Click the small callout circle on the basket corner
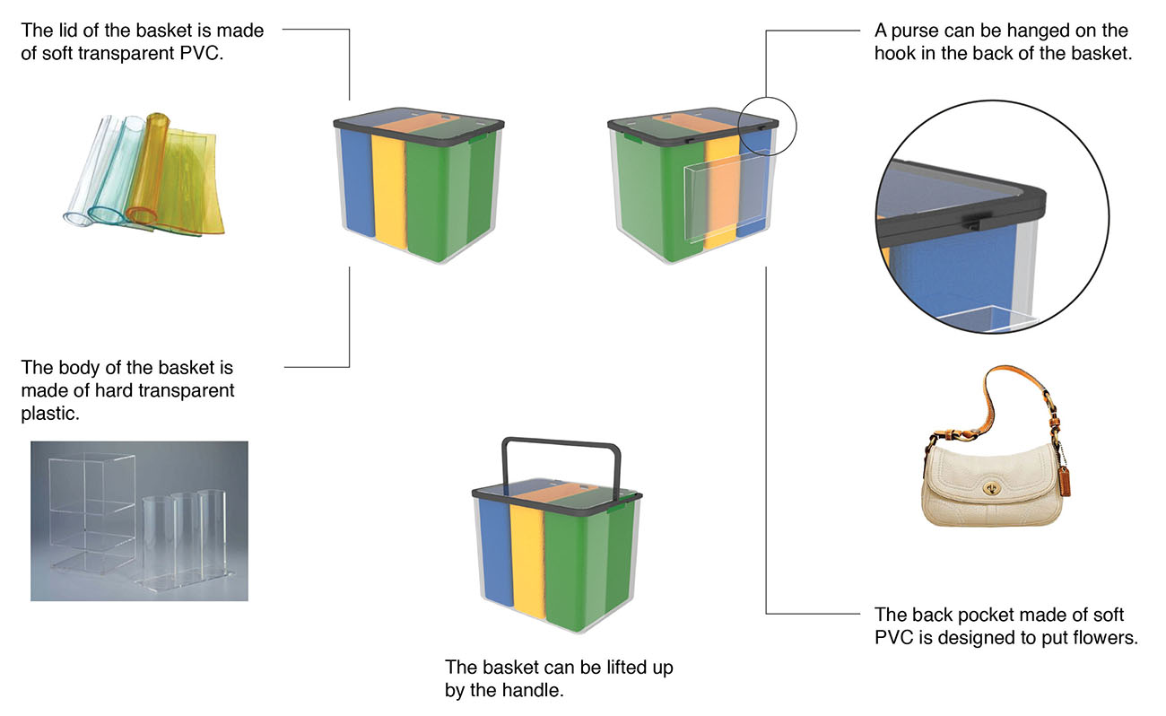click(767, 127)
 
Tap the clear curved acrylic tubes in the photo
click(184, 538)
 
